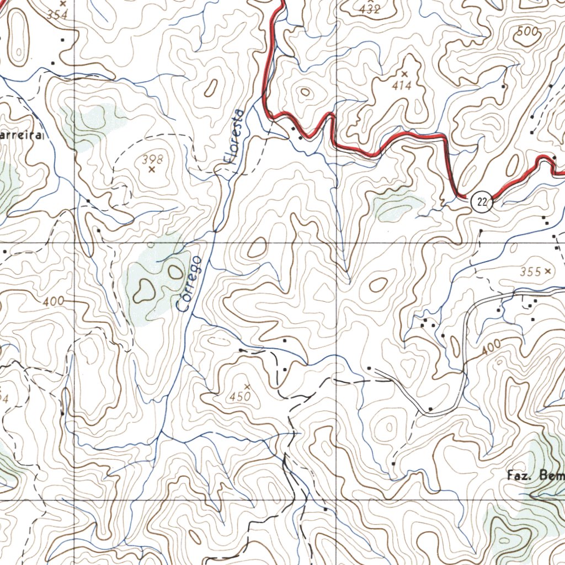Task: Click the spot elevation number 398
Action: tap(153, 159)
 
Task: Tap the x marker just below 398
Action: tap(152, 170)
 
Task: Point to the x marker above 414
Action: tap(404, 74)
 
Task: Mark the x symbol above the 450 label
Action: tap(247, 386)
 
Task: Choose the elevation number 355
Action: tap(530, 271)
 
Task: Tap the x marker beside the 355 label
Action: tap(547, 271)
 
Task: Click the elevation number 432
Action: tap(369, 9)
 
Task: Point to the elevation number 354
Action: tap(57, 15)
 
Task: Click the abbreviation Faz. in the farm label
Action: tap(519, 475)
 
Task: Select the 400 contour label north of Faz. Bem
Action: tap(491, 348)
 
